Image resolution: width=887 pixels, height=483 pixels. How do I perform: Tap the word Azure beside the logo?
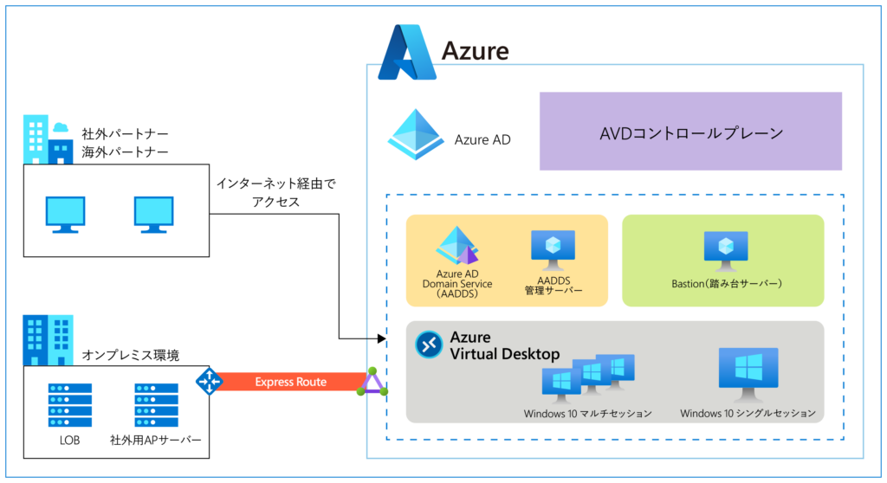476,51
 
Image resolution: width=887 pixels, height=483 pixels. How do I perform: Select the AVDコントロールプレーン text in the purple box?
690,133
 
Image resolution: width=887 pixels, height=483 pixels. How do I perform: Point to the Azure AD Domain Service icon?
456,246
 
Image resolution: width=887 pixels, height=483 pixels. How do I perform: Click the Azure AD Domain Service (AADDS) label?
456,284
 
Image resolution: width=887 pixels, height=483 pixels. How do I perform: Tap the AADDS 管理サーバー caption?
553,287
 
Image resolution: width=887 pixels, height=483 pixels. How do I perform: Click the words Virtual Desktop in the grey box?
504,354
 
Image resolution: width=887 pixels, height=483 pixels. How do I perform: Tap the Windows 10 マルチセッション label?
587,414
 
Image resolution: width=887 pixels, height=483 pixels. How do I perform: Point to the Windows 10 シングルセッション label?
748,414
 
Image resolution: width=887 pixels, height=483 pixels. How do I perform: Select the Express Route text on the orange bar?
290,382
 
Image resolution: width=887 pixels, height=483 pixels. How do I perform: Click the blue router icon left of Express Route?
209,381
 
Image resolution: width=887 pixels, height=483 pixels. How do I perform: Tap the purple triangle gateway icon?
372,383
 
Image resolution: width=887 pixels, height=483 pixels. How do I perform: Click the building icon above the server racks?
48,339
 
